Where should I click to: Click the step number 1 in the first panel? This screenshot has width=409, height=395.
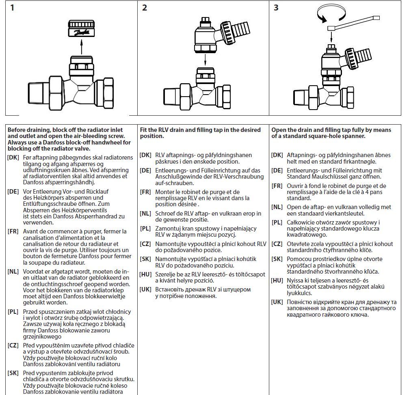[12, 8]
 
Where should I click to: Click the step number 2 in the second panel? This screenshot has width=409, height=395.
[145, 8]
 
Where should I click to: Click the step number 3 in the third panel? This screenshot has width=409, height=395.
[276, 8]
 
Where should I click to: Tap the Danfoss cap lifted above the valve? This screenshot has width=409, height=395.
[81, 28]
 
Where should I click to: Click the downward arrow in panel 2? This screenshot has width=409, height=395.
[205, 59]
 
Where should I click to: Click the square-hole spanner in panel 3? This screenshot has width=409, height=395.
[353, 24]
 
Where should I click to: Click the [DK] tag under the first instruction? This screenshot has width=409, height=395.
[13, 158]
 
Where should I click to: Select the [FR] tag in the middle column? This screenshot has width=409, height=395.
[145, 192]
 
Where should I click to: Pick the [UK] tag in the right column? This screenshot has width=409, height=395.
[277, 302]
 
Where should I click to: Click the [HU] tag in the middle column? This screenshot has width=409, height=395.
[145, 274]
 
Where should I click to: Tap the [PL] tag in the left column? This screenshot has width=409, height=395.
[13, 312]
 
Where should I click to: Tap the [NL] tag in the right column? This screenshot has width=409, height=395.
[277, 207]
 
